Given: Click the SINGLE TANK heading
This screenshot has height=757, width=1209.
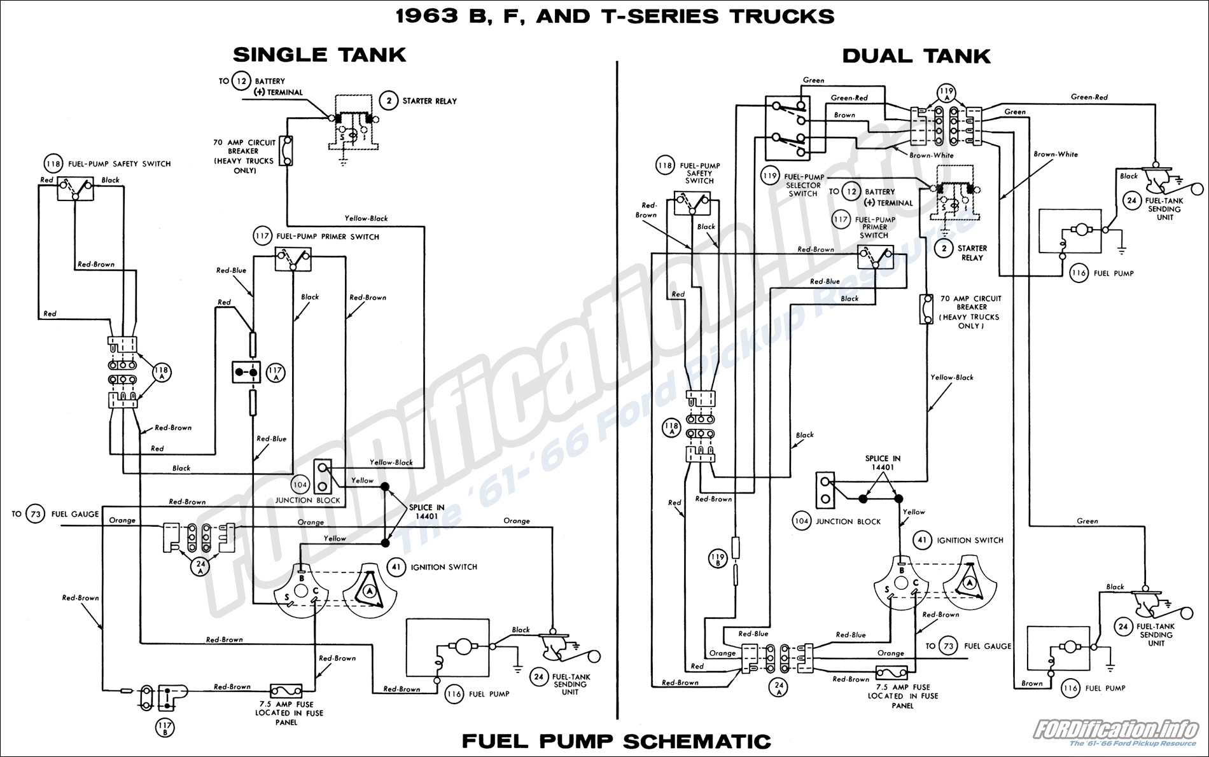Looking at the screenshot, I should pyautogui.click(x=319, y=55).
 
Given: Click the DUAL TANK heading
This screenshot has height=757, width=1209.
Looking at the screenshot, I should pyautogui.click(x=916, y=56).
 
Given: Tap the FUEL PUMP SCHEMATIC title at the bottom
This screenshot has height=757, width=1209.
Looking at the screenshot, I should pyautogui.click(x=616, y=742).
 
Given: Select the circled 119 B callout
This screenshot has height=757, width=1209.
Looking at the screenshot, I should pyautogui.click(x=717, y=559).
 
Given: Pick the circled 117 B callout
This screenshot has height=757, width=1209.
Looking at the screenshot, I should pyautogui.click(x=165, y=728).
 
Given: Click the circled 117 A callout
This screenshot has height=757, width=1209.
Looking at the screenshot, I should pyautogui.click(x=275, y=373).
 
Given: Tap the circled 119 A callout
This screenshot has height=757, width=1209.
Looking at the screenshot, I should pyautogui.click(x=946, y=94).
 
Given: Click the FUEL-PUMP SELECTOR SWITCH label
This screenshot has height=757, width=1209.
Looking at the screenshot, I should pyautogui.click(x=804, y=185).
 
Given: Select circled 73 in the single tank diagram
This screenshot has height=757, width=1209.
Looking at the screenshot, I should pyautogui.click(x=35, y=514).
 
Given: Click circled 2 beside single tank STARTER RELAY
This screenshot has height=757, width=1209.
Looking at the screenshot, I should pyautogui.click(x=389, y=101).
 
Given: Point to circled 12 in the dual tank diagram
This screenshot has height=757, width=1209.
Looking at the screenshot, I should pyautogui.click(x=851, y=191).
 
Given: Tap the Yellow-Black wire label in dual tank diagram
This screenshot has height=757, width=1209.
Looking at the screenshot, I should pyautogui.click(x=951, y=377).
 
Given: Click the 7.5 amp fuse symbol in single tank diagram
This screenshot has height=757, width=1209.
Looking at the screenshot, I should pyautogui.click(x=286, y=691).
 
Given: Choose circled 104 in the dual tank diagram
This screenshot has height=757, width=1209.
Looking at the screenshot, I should pyautogui.click(x=801, y=521).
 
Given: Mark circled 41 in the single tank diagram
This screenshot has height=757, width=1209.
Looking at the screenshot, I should pyautogui.click(x=396, y=567).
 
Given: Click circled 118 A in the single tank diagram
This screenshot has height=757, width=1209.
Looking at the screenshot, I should pyautogui.click(x=162, y=372).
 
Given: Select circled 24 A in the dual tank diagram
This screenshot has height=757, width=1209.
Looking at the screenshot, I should pyautogui.click(x=779, y=688).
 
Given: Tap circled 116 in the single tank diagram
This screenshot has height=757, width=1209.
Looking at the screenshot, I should pyautogui.click(x=454, y=694).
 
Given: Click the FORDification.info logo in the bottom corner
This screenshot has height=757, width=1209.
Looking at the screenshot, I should pyautogui.click(x=1115, y=732).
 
